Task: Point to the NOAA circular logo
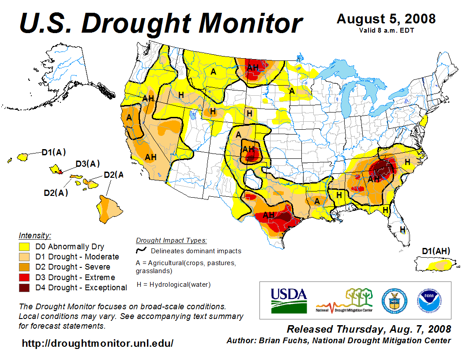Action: point(427,300)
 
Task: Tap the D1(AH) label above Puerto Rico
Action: point(436,251)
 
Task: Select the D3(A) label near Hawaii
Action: point(87,164)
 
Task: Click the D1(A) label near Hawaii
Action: point(54,153)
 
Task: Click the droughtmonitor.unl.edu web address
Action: point(98,343)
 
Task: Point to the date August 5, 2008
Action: point(386,19)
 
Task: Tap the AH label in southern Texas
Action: point(269,215)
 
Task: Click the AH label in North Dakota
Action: point(253,67)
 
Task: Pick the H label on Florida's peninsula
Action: point(402,229)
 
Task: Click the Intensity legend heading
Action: point(35,235)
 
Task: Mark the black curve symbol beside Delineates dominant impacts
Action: point(142,251)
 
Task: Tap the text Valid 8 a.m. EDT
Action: point(386,30)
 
